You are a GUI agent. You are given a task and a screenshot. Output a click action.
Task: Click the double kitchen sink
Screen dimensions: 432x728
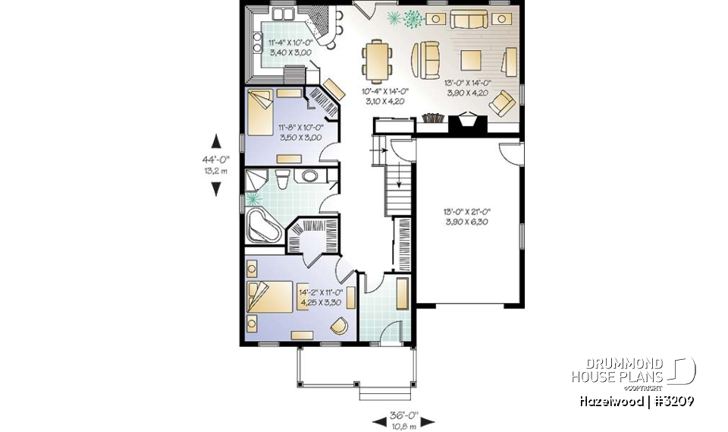coord(283,14)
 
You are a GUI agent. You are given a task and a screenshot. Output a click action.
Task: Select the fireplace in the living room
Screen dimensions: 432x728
coord(464,123)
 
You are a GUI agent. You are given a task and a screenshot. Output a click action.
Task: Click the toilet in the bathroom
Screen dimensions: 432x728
coord(282,180)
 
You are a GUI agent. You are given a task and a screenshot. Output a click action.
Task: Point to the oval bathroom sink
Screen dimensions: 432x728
coord(311,178)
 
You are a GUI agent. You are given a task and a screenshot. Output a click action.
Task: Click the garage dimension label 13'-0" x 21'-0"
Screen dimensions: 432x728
coord(469,216)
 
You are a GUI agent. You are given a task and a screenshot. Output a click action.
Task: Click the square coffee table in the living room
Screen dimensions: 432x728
coord(472,58)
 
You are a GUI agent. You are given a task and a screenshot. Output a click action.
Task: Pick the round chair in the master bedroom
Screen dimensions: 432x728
coord(340,325)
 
